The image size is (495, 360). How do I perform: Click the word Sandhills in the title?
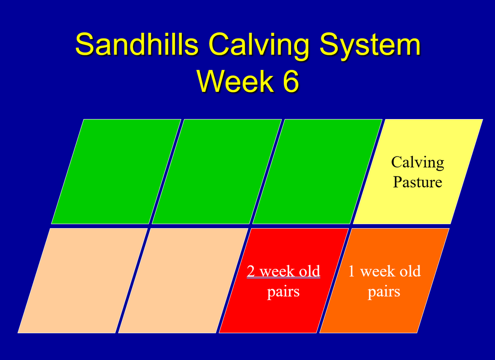click(x=137, y=45)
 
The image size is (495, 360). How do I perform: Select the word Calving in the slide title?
click(x=258, y=45)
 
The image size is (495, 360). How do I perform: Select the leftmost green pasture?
click(x=116, y=171)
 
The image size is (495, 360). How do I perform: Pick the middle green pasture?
click(x=217, y=171)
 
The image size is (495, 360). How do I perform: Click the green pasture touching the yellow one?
click(x=317, y=171)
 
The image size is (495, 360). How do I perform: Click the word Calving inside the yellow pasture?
click(x=417, y=162)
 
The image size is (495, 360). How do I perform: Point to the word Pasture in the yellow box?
click(x=417, y=182)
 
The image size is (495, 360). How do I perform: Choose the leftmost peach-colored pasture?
click(x=83, y=280)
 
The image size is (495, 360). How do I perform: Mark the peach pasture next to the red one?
click(x=183, y=280)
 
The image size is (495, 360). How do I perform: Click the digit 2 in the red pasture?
click(x=251, y=271)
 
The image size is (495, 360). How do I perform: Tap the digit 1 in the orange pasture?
click(x=351, y=271)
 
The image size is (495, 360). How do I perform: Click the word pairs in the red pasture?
click(x=283, y=291)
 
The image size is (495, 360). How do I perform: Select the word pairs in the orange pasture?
click(x=384, y=291)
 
